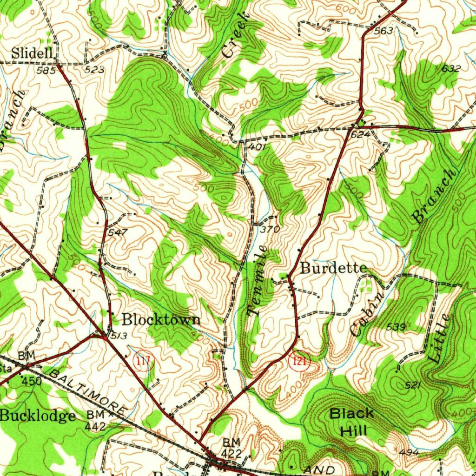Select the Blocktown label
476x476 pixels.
pyautogui.click(x=161, y=319)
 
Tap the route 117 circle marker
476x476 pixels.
pyautogui.click(x=143, y=360)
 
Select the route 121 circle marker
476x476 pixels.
pyautogui.click(x=299, y=361)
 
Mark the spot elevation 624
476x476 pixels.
pyautogui.click(x=360, y=134)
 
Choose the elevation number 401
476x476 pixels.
pyautogui.click(x=257, y=147)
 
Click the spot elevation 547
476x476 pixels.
pyautogui.click(x=117, y=232)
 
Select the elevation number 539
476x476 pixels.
pyautogui.click(x=396, y=327)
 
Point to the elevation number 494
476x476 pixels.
pyautogui.click(x=409, y=452)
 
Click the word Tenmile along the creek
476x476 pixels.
pyautogui.click(x=257, y=281)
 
